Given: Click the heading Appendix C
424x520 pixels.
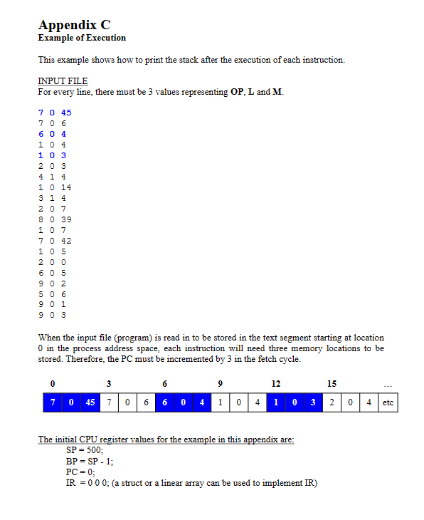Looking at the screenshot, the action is (x=74, y=25).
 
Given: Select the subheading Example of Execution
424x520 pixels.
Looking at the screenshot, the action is (x=82, y=38).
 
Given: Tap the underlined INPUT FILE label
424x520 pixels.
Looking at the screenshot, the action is (x=63, y=81).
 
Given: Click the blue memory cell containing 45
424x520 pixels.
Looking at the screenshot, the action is (x=90, y=402).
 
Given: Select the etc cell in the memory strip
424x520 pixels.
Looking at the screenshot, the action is (x=388, y=402).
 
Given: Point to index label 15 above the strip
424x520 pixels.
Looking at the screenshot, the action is (x=332, y=384).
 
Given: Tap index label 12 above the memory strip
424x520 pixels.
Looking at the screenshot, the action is (x=276, y=384).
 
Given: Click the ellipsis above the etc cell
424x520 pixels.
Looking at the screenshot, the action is (x=388, y=385).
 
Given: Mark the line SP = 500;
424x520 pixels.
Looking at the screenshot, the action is (x=85, y=451).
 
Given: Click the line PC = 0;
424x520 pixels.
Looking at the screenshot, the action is (x=80, y=472).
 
